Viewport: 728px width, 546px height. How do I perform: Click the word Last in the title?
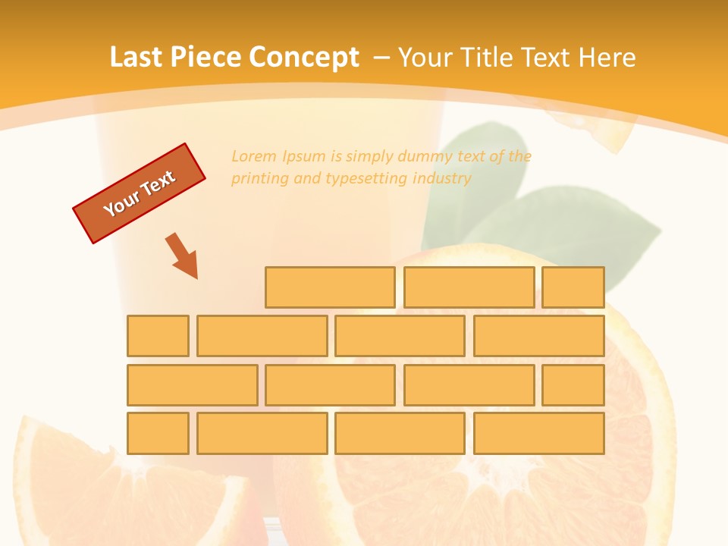(135, 58)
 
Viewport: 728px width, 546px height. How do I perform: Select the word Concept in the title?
(304, 58)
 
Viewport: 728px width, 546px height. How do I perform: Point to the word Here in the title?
(607, 58)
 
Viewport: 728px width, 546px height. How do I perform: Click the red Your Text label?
(140, 193)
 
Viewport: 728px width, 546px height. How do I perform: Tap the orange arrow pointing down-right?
(182, 256)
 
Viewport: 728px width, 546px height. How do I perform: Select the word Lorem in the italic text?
(254, 157)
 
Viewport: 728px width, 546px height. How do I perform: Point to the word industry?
(442, 179)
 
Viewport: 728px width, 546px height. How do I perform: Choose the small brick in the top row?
(573, 287)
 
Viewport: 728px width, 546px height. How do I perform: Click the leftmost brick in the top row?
(330, 287)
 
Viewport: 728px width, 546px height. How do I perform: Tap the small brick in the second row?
(158, 336)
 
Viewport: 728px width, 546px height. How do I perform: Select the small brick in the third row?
(573, 385)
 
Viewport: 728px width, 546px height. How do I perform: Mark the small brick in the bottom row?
(158, 434)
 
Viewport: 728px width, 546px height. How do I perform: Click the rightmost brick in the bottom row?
(539, 434)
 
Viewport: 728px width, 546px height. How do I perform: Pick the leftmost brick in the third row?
(193, 385)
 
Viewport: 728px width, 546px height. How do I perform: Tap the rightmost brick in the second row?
(539, 336)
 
